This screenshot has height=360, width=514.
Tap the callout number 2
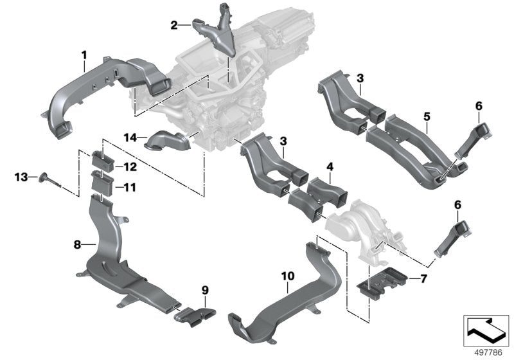click(173, 26)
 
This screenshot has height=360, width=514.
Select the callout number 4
click(329, 167)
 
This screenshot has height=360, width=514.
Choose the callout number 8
click(76, 245)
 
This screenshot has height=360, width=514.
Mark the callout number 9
click(206, 291)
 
